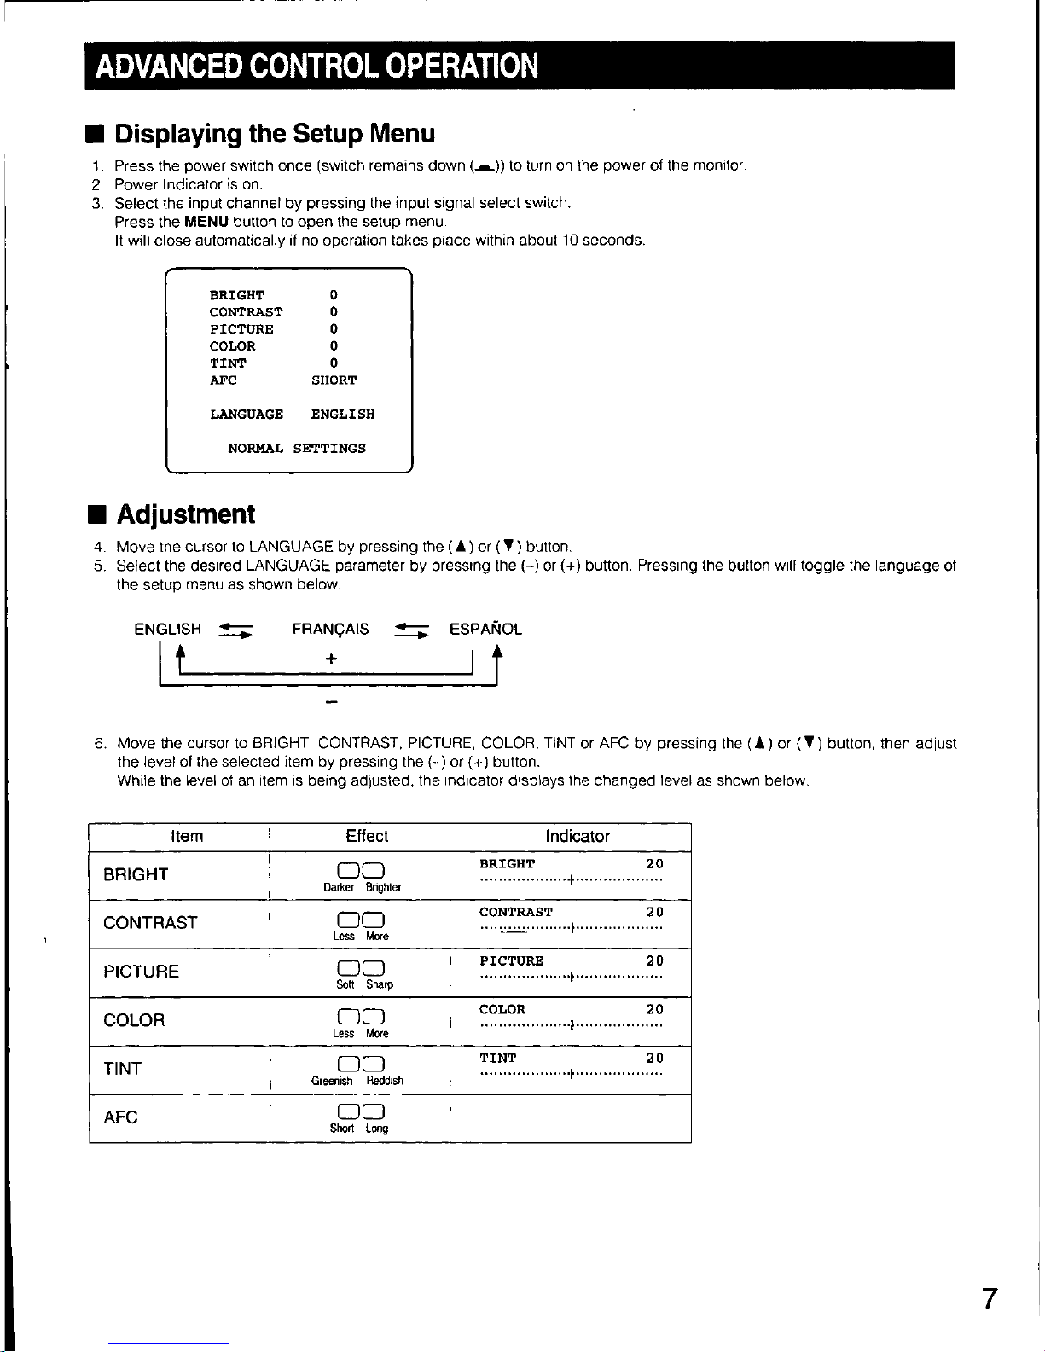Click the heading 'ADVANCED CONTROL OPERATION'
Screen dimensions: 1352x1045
pyautogui.click(x=316, y=66)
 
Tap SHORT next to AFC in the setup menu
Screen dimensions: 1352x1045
pyautogui.click(x=334, y=380)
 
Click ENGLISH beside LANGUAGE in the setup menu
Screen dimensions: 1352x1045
pyautogui.click(x=343, y=415)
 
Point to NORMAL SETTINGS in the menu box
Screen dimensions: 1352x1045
pyautogui.click(x=297, y=449)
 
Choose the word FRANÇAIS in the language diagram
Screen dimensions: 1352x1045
pyautogui.click(x=330, y=630)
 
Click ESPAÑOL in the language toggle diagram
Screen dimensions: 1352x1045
pyautogui.click(x=485, y=630)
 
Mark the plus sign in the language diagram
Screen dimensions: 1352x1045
pyautogui.click(x=331, y=659)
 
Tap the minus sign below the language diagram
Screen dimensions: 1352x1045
pyautogui.click(x=331, y=703)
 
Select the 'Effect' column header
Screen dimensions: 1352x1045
pyautogui.click(x=367, y=837)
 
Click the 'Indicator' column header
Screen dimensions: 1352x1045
pyautogui.click(x=578, y=837)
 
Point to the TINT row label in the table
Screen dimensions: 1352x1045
pyautogui.click(x=122, y=1069)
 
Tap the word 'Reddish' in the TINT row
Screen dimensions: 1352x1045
pyautogui.click(x=385, y=1081)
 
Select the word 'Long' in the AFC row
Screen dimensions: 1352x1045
pyautogui.click(x=377, y=1129)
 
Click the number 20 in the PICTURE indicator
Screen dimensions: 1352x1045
pyautogui.click(x=654, y=961)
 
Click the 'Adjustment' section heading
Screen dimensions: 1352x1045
pyautogui.click(x=185, y=514)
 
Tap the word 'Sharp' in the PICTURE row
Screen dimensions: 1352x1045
pyautogui.click(x=380, y=984)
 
